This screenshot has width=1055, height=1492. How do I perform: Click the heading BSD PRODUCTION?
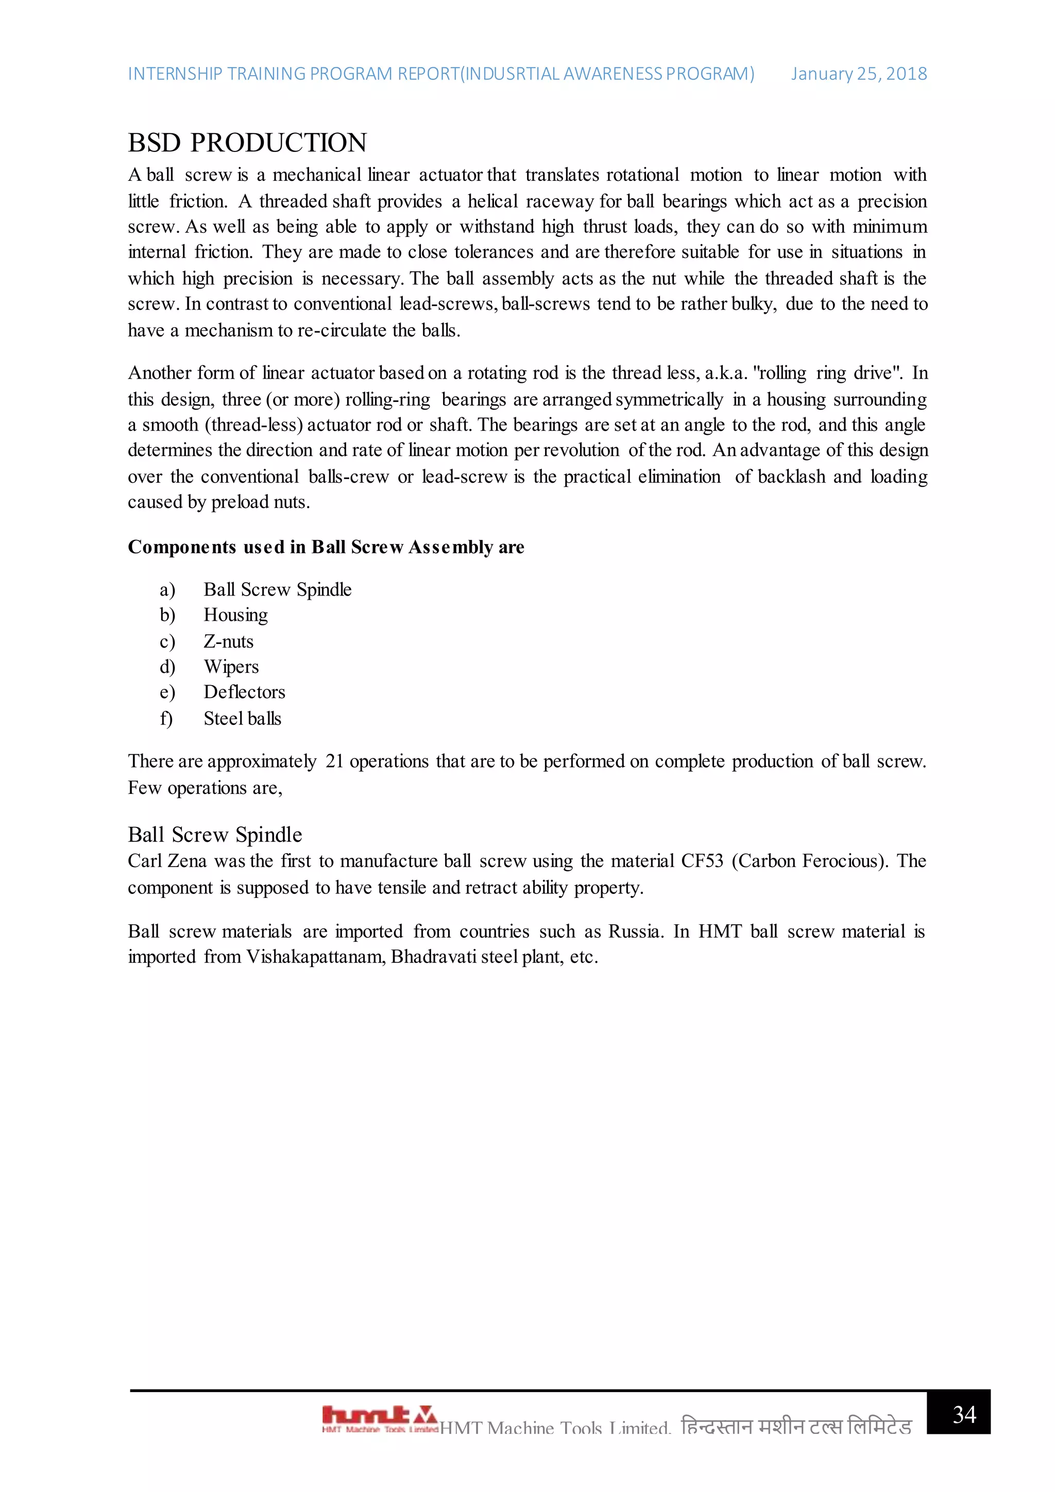tap(247, 143)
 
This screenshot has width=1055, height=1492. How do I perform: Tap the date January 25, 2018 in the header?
tap(858, 74)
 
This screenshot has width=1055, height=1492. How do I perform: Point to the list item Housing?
tap(235, 615)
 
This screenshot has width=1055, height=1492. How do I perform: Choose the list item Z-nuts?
tap(228, 641)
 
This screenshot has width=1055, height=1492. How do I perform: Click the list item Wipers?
tap(231, 667)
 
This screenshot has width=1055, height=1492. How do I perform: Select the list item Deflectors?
tap(244, 692)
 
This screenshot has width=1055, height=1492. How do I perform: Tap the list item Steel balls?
tap(242, 719)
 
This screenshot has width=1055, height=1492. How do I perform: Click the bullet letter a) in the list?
tap(167, 589)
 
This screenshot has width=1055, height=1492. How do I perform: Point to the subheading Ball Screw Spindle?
tap(214, 835)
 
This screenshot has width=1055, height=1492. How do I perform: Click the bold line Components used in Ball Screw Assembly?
tap(326, 547)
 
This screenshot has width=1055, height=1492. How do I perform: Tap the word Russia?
tap(635, 931)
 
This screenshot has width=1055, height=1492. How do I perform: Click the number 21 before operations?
tap(334, 761)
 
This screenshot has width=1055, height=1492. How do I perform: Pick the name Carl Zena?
tap(167, 861)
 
